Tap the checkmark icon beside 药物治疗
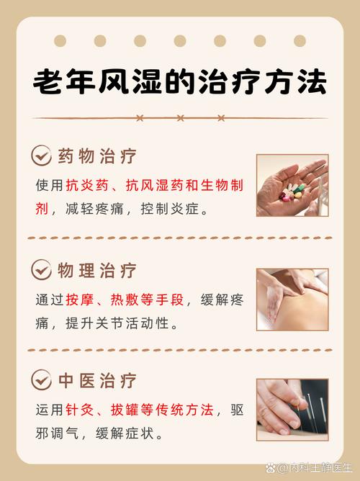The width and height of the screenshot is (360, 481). coord(41,155)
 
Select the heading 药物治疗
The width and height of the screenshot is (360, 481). coord(96,156)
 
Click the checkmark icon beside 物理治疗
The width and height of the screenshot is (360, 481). coord(41,270)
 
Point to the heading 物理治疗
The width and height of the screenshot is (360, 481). coord(96,271)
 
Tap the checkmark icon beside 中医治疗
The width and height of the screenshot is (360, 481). coord(41,379)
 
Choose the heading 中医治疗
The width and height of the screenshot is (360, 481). coord(96,380)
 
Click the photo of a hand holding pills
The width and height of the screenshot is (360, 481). coord(292,185)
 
